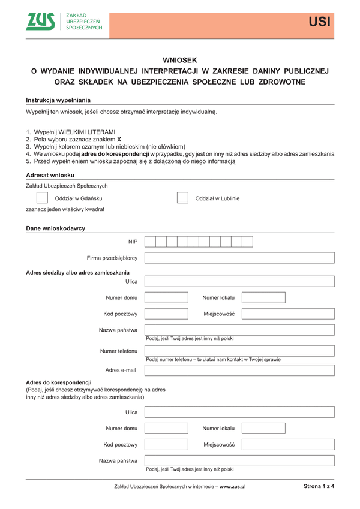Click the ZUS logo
click(40, 22)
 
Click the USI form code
click(319, 23)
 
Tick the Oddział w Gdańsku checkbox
click(42, 198)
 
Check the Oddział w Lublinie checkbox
click(182, 198)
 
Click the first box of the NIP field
click(151, 242)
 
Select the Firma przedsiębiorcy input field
click(239, 258)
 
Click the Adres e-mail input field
click(239, 370)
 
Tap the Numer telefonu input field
click(239, 350)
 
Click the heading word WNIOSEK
click(179, 60)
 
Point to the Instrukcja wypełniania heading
click(58, 100)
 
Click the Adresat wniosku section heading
click(50, 174)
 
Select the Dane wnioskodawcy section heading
click(55, 228)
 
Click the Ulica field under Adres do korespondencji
click(239, 412)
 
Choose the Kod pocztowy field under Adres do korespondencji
click(166, 445)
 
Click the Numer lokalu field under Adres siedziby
click(263, 297)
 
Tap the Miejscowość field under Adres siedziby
click(288, 314)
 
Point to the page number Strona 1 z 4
click(318, 487)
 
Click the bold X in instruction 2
click(119, 139)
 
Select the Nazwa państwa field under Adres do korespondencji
click(239, 460)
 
